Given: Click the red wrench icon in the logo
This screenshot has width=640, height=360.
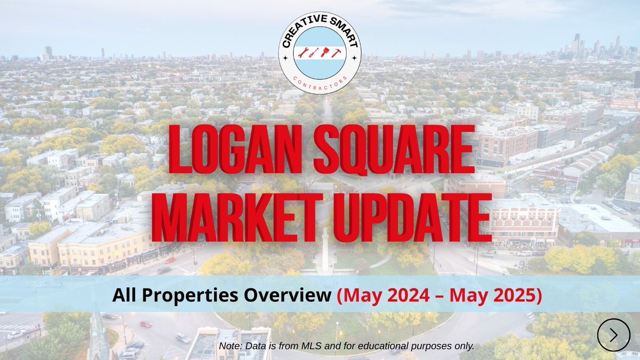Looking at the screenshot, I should pos(302,53).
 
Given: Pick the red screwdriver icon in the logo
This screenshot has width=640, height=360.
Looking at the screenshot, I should pos(314,53).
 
